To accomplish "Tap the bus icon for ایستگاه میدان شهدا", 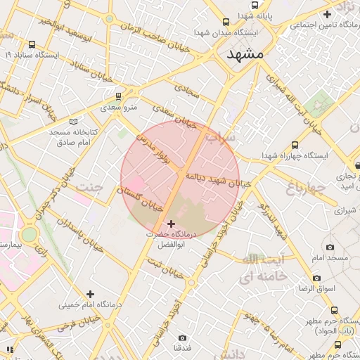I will (x=225, y=22).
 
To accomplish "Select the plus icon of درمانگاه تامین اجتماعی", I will (x=327, y=14).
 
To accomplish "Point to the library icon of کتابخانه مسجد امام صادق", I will (x=75, y=120).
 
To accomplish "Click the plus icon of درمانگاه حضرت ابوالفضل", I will (x=170, y=224).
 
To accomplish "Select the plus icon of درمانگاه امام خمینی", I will (x=89, y=294).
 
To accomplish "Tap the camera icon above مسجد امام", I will (x=330, y=247).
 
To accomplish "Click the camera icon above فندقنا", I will (x=183, y=337).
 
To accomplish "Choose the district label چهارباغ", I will (x=305, y=187).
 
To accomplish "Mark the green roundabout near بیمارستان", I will (x=30, y=233).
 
